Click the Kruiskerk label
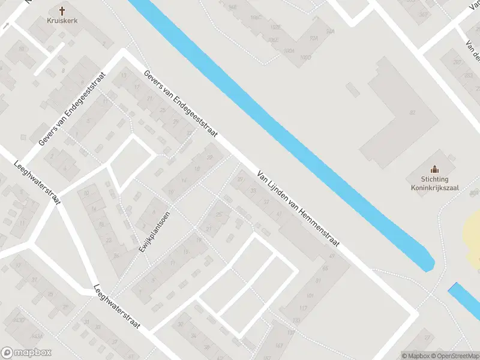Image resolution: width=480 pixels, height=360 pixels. point(62,20)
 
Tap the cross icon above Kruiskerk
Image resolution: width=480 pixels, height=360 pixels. point(62,10)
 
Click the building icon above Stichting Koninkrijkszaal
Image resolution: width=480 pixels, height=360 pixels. point(434,169)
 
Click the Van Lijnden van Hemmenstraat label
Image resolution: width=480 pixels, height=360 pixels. point(298,209)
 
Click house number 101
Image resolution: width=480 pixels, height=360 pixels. point(310,296)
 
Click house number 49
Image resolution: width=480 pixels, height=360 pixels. point(332,256)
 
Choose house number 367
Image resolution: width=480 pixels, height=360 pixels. point(424,14)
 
